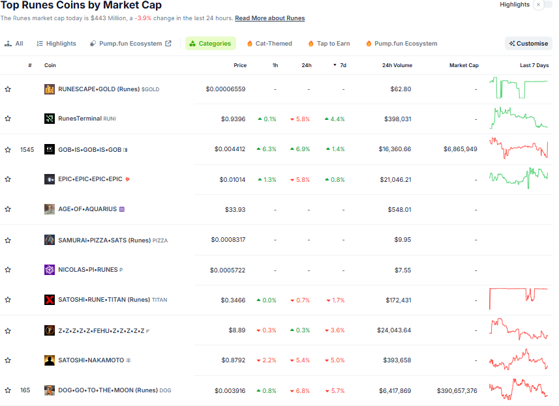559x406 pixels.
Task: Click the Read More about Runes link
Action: pyautogui.click(x=269, y=18)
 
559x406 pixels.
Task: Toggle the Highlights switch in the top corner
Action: pyautogui.click(x=538, y=5)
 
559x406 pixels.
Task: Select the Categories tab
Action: pyautogui.click(x=210, y=44)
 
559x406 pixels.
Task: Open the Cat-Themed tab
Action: pyautogui.click(x=269, y=44)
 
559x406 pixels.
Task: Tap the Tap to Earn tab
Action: pyautogui.click(x=329, y=44)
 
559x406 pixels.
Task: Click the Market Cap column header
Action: pyautogui.click(x=464, y=65)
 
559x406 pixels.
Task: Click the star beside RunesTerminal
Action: pyautogui.click(x=8, y=119)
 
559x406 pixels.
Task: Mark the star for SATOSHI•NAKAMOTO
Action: pyautogui.click(x=8, y=360)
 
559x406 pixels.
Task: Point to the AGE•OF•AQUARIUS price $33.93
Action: pyautogui.click(x=235, y=209)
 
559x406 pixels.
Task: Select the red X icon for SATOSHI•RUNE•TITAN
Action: pyautogui.click(x=50, y=300)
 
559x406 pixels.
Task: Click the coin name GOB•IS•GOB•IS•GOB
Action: pyautogui.click(x=89, y=149)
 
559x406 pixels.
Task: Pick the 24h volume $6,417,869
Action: pyautogui.click(x=395, y=391)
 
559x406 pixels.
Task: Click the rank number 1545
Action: pyautogui.click(x=27, y=149)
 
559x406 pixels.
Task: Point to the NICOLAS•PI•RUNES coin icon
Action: pyautogui.click(x=50, y=270)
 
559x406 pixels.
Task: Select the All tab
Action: pyautogui.click(x=14, y=44)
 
